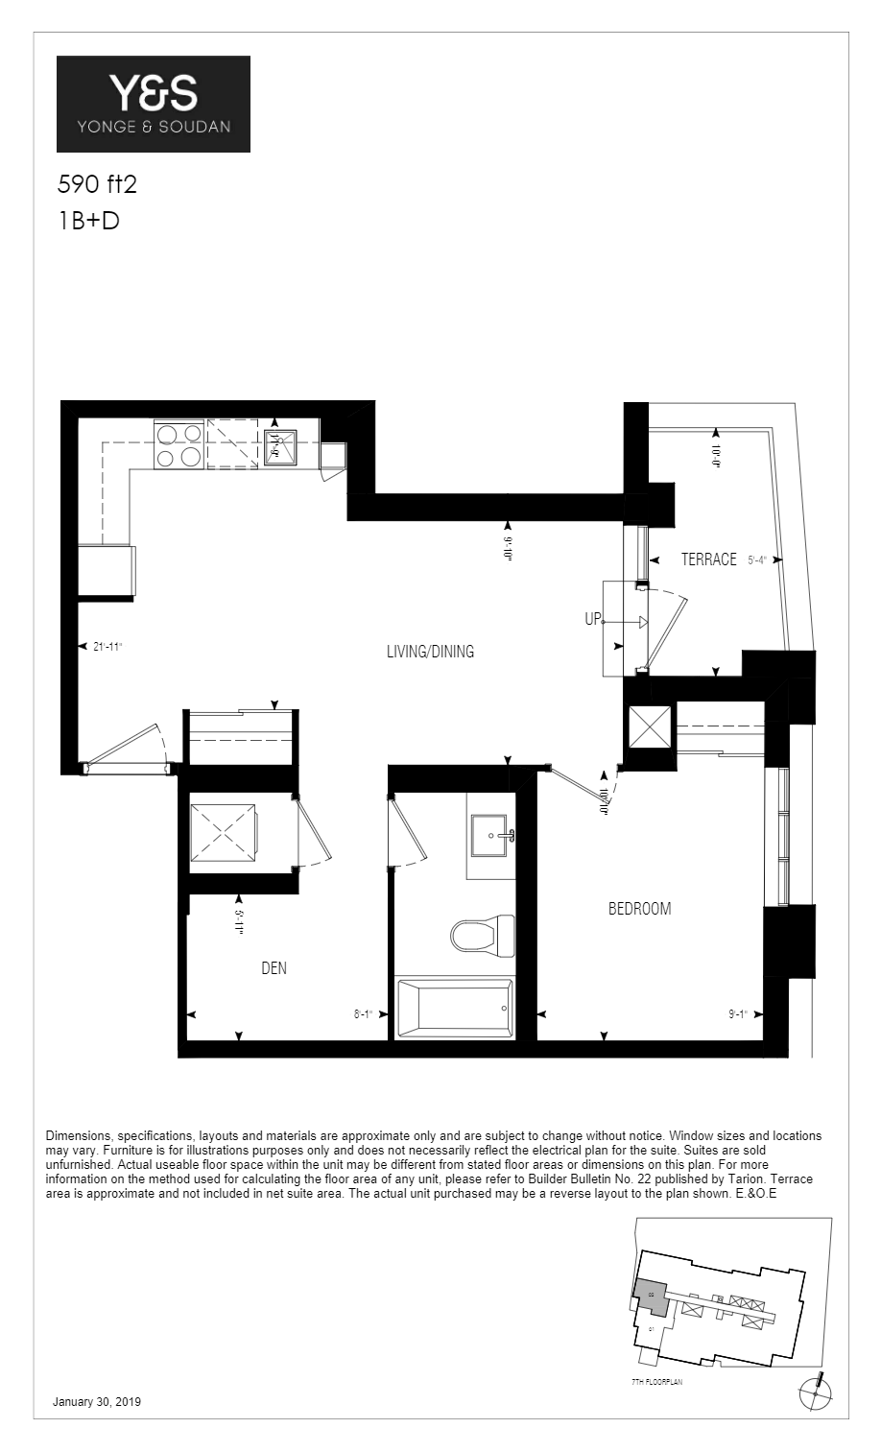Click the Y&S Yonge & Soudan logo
[154, 104]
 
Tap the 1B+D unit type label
[88, 221]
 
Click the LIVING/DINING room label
[430, 652]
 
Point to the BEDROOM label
[639, 908]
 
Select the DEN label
[274, 967]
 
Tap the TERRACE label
[708, 559]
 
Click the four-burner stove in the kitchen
[179, 444]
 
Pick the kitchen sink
[280, 444]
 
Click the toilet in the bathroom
[482, 933]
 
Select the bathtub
[454, 1008]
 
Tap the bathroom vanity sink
[493, 834]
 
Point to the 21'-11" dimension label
[107, 647]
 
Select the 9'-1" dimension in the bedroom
[737, 1013]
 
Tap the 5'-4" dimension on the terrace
[756, 560]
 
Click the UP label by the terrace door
[592, 620]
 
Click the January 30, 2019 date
[97, 1402]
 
